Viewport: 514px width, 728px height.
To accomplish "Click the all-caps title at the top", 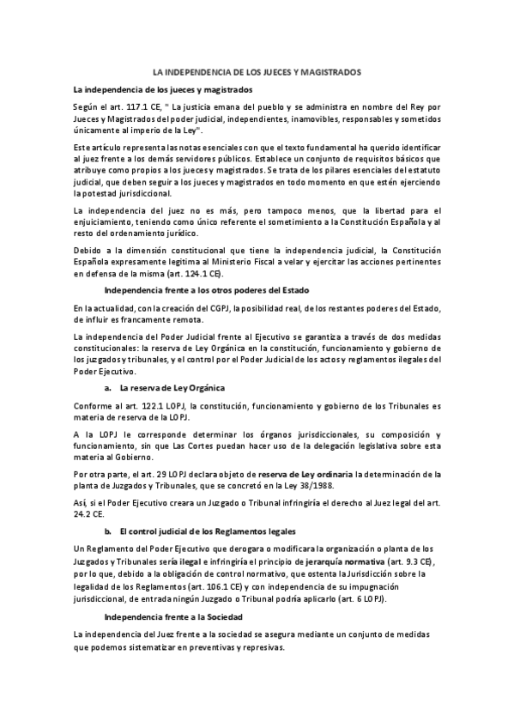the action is (x=257, y=73).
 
